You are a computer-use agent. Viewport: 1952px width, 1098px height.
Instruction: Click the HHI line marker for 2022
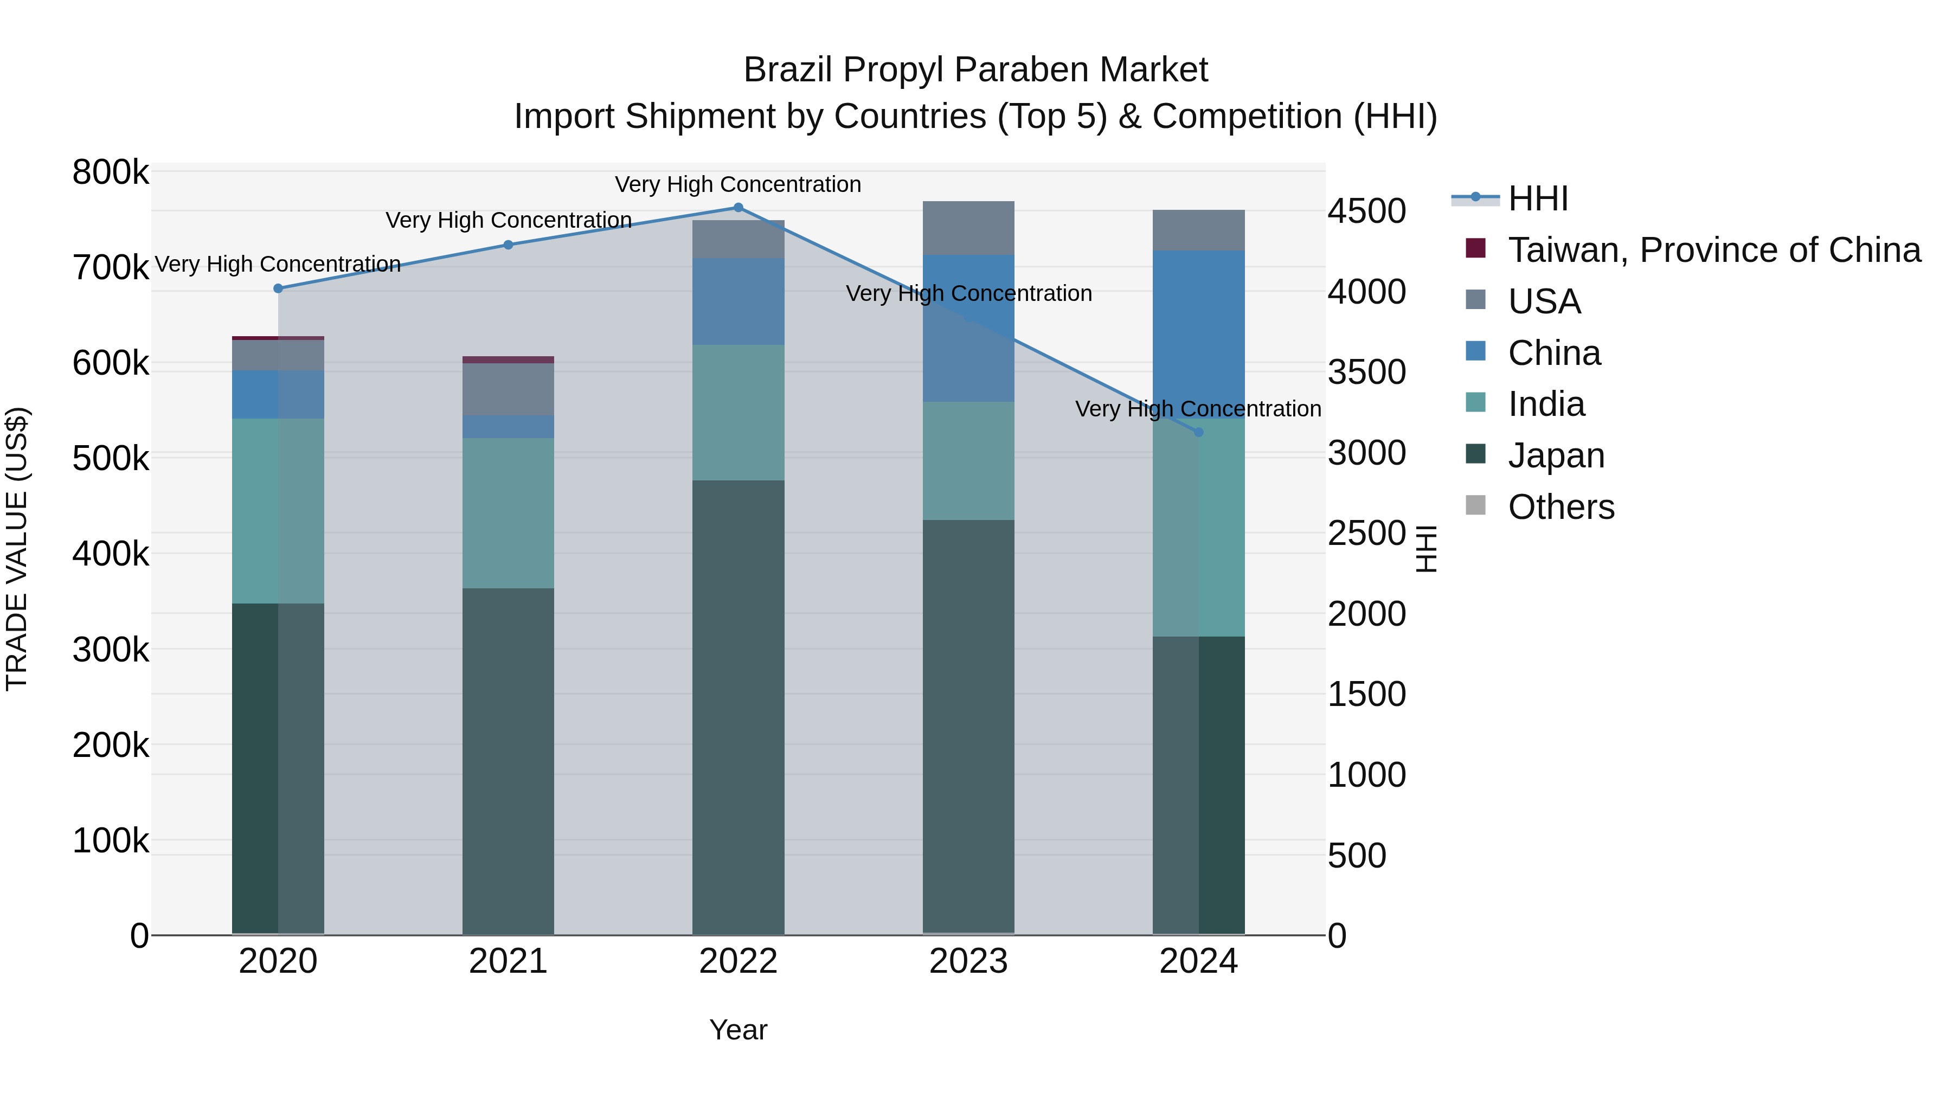point(738,208)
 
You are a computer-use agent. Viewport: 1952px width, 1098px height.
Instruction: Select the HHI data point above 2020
point(278,288)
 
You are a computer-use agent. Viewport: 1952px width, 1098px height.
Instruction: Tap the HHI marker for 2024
point(1198,433)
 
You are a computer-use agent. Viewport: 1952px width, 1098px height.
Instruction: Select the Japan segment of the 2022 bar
point(738,705)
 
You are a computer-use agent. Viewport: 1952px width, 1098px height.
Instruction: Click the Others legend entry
point(1561,507)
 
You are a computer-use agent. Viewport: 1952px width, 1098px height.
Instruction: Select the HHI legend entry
point(1538,198)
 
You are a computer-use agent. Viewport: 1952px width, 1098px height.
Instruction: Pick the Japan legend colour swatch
point(1475,455)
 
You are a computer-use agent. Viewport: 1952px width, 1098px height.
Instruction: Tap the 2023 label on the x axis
point(968,961)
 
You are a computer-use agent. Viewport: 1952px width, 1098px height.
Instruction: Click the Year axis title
point(738,1030)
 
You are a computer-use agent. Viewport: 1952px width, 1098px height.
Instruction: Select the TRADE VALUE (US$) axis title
point(17,549)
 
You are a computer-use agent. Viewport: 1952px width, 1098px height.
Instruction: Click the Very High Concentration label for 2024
point(1198,409)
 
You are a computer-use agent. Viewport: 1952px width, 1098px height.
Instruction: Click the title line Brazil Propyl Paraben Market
point(975,70)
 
